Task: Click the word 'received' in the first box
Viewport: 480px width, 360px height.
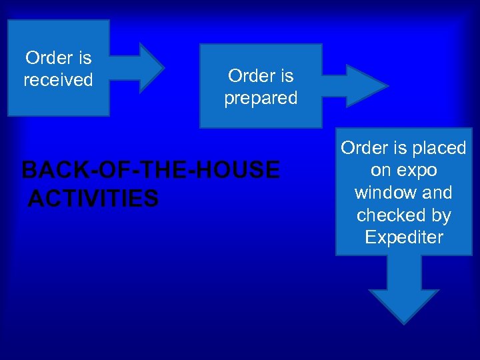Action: pyautogui.click(x=58, y=80)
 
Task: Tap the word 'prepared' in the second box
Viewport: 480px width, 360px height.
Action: pyautogui.click(x=261, y=99)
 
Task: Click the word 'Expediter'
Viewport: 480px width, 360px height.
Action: pyautogui.click(x=404, y=237)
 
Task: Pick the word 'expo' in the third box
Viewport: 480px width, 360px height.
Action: pyautogui.click(x=417, y=170)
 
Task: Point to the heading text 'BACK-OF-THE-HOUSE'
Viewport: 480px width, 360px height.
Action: pyautogui.click(x=151, y=171)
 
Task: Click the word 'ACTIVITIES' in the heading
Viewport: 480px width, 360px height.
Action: pyautogui.click(x=94, y=198)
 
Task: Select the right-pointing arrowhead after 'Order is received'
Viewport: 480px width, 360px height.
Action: pyautogui.click(x=147, y=67)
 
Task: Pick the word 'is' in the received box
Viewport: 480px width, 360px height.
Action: pyautogui.click(x=84, y=58)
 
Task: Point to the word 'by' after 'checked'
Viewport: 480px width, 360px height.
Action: pyautogui.click(x=441, y=215)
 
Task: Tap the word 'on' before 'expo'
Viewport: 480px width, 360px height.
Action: pyautogui.click(x=381, y=170)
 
